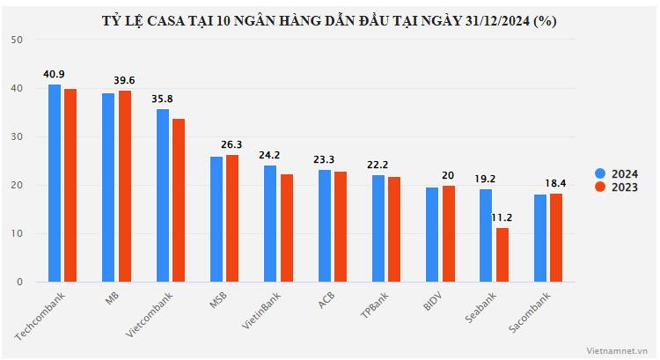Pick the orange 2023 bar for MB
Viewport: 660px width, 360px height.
(x=124, y=186)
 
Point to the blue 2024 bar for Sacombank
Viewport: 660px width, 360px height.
(x=540, y=238)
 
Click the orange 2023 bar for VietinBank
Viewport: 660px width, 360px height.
(x=286, y=228)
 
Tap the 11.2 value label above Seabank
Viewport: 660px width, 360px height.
(x=502, y=217)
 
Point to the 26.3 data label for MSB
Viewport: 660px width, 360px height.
(x=232, y=144)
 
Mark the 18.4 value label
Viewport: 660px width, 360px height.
(x=556, y=182)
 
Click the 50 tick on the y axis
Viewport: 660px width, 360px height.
(x=18, y=40)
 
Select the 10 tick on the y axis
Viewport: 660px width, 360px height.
(x=18, y=234)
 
